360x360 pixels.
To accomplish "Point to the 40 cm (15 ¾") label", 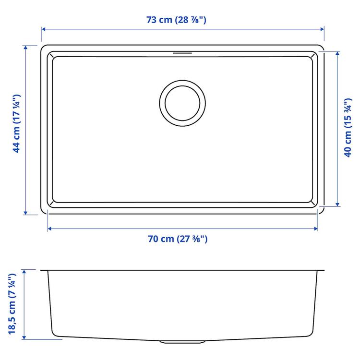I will point(349,129).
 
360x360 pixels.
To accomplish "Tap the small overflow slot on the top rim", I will point(183,52).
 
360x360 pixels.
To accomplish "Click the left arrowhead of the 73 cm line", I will point(43,29).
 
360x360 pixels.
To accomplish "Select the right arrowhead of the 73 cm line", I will point(323,29).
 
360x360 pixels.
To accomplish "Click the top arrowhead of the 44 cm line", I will point(25,48).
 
